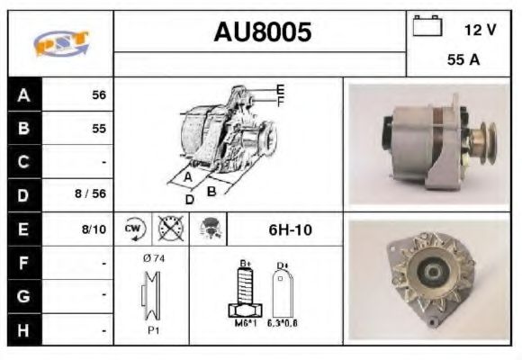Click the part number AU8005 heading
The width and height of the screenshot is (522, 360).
point(263,33)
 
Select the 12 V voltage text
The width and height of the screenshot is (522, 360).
point(480,30)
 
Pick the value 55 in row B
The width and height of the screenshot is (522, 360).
point(99,129)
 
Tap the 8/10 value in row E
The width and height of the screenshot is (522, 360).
point(94,229)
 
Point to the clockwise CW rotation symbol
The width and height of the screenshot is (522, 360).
point(133,229)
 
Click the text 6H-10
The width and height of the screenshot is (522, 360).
point(290,229)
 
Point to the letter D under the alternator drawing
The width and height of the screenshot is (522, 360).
point(190,199)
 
